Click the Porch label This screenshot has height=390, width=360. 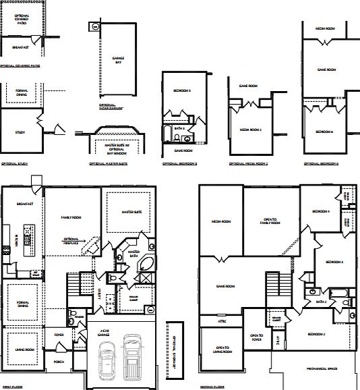pyautogui.click(x=58, y=362)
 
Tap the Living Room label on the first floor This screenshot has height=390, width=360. pyautogui.click(x=22, y=350)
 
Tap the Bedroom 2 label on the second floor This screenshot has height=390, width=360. pyautogui.click(x=316, y=333)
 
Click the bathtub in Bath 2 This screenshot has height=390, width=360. pyautogui.click(x=340, y=293)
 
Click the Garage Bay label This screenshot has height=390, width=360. pyautogui.click(x=108, y=60)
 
